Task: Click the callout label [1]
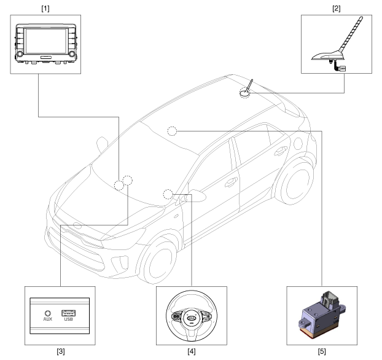tap(45, 9)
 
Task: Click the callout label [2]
tap(336, 9)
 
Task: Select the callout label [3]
tap(61, 351)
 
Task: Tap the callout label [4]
tap(192, 351)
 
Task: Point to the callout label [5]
tap(322, 351)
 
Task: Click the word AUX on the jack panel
tap(48, 319)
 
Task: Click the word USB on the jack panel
tap(68, 319)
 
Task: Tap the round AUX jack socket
tap(48, 313)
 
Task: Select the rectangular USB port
tap(68, 313)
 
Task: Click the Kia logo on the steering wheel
tap(192, 318)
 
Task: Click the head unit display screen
tap(46, 41)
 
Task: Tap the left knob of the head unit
tap(20, 53)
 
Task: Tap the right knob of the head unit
tap(72, 53)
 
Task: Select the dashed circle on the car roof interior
tap(172, 131)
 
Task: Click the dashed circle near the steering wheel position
tap(168, 194)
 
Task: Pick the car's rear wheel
tap(295, 183)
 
